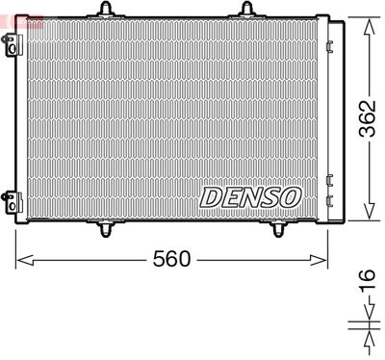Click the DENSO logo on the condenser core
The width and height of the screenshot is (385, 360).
tap(250, 197)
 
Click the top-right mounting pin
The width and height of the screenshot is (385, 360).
tap(245, 11)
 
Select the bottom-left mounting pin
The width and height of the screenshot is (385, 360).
tap(107, 228)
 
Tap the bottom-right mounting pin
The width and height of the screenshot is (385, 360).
tap(278, 228)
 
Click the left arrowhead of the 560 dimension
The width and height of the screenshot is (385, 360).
tap(21, 259)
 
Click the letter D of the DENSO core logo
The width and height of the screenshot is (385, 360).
tap(211, 197)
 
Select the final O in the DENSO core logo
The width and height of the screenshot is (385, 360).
tap(290, 197)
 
